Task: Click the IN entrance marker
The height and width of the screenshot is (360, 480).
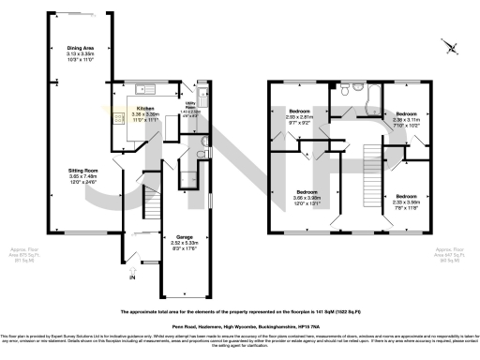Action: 131,278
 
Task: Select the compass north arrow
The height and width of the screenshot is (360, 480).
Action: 452,48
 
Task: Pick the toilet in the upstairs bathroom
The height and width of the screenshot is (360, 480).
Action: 346,91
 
